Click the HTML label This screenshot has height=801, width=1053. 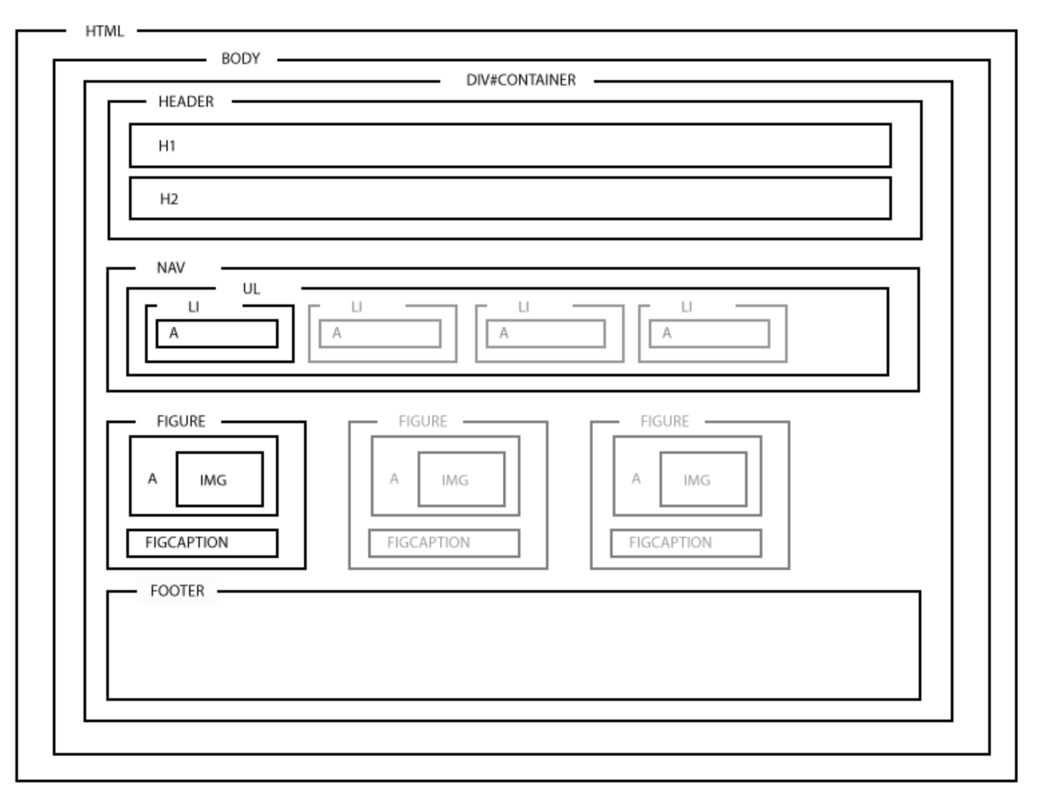(104, 31)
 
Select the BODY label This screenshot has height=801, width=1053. (241, 59)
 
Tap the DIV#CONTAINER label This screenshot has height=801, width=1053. (520, 80)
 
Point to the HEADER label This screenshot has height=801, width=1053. (186, 101)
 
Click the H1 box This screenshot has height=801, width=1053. (510, 146)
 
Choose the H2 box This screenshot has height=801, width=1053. (510, 198)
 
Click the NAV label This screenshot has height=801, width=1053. (170, 268)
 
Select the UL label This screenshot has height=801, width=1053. (251, 288)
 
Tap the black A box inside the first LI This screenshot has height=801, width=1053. (217, 334)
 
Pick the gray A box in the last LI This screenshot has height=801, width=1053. (710, 334)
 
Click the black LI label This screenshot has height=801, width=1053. (194, 307)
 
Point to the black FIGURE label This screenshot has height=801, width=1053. (180, 421)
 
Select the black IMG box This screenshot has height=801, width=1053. (219, 479)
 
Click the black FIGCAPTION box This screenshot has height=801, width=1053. (202, 543)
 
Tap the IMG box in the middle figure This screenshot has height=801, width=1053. (461, 479)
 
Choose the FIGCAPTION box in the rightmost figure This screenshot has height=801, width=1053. (686, 543)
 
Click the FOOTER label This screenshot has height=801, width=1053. (177, 591)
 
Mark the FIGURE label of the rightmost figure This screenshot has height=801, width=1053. (664, 421)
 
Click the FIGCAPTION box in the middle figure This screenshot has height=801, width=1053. (444, 543)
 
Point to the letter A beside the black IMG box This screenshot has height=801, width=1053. (152, 479)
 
